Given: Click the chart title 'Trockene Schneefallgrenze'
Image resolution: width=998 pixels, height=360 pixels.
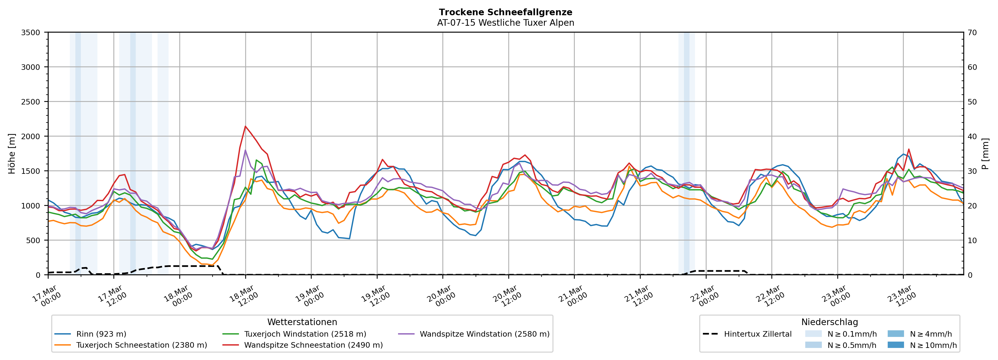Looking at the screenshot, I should click(505, 12).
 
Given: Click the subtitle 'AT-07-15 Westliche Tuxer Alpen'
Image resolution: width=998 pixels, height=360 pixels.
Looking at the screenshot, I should click(505, 23).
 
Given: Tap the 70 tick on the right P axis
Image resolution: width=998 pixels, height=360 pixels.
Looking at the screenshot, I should click(972, 33).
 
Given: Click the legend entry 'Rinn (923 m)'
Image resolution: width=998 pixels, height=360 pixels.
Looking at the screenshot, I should click(101, 334).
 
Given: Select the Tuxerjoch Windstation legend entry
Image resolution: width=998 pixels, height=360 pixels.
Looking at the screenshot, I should click(305, 334).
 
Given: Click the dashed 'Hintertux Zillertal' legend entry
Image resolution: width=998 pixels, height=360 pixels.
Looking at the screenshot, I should click(757, 334).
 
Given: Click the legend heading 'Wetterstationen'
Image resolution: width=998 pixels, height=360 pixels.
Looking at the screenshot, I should click(302, 322).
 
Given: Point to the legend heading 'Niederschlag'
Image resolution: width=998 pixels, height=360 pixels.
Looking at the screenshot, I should click(829, 322).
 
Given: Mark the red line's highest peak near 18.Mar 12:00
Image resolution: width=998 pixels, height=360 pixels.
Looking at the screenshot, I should click(245, 126).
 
